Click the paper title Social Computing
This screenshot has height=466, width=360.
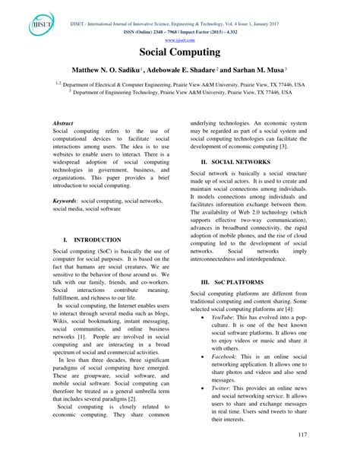tap(179, 54)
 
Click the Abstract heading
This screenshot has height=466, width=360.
tap(63, 122)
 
